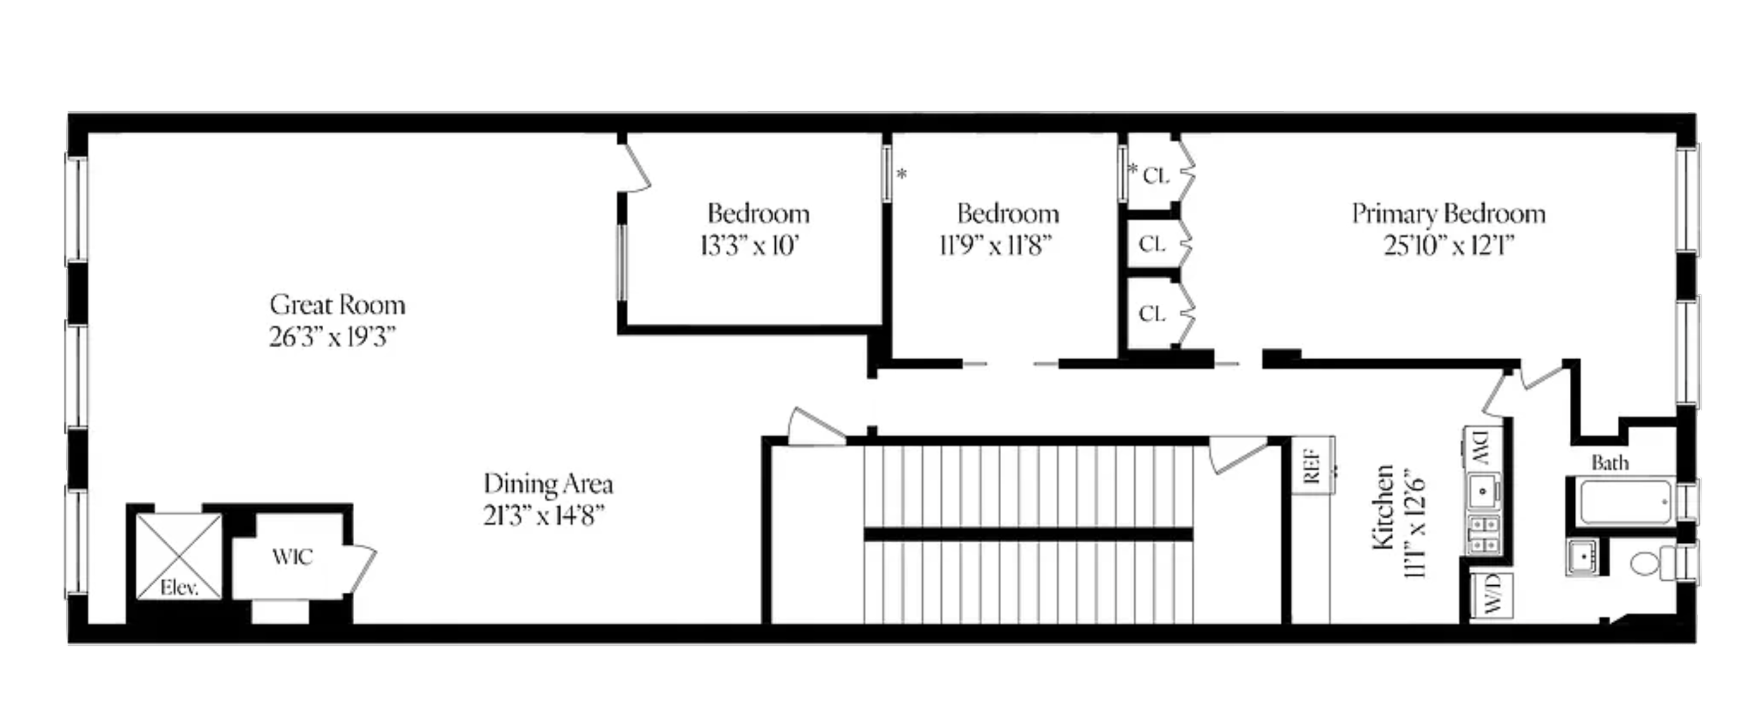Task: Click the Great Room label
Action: pos(337,305)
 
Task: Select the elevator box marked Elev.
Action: pos(179,557)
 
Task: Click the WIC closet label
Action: pos(292,557)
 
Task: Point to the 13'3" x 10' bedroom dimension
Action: pos(750,246)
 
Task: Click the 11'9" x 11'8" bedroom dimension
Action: pos(995,246)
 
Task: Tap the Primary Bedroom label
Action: pos(1449,213)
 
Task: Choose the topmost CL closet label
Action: pos(1156,175)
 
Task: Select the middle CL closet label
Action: pos(1152,244)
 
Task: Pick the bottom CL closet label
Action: pos(1152,313)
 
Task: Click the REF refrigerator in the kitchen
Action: pos(1312,465)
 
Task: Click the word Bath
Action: pos(1610,463)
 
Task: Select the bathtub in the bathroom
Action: pos(1626,502)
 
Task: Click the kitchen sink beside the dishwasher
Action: pos(1483,491)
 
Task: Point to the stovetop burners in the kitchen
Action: pos(1483,534)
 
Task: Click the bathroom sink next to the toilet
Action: pos(1584,558)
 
